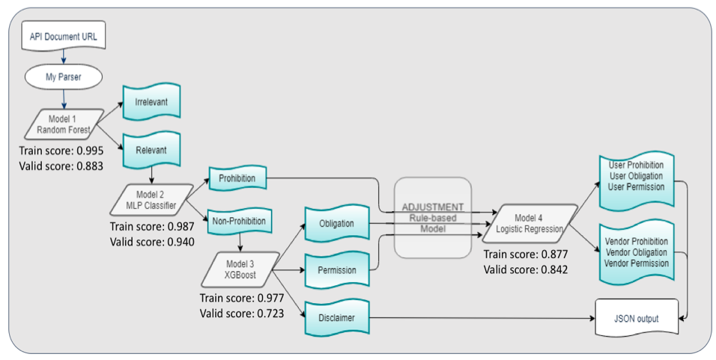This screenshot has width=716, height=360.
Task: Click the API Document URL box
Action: [x=63, y=37]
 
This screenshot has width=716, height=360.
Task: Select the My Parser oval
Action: [x=63, y=77]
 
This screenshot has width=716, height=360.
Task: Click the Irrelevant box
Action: [x=153, y=103]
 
